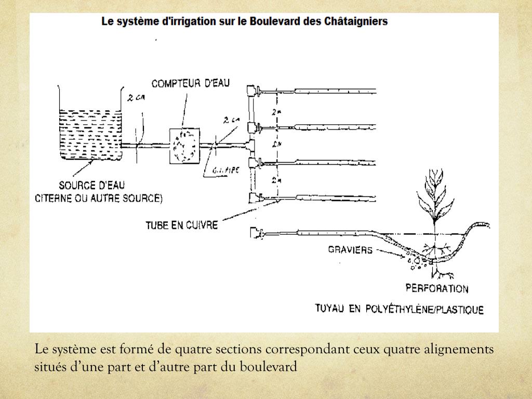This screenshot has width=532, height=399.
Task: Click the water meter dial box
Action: point(184,146)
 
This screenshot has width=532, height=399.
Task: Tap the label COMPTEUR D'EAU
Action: point(190,83)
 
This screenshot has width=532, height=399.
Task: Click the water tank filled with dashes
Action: point(90,132)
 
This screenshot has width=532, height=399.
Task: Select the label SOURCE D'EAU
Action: point(91,185)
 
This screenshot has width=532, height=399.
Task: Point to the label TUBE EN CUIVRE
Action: point(182,225)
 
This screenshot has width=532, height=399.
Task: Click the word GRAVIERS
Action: point(350,250)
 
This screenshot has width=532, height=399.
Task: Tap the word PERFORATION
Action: point(437,289)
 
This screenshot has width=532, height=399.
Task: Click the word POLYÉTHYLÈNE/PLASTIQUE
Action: point(423,310)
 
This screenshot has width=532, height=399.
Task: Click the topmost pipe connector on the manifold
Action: point(255,91)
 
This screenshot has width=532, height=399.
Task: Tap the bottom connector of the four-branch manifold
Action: point(255,197)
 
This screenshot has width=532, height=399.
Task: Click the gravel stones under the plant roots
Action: point(418,261)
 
